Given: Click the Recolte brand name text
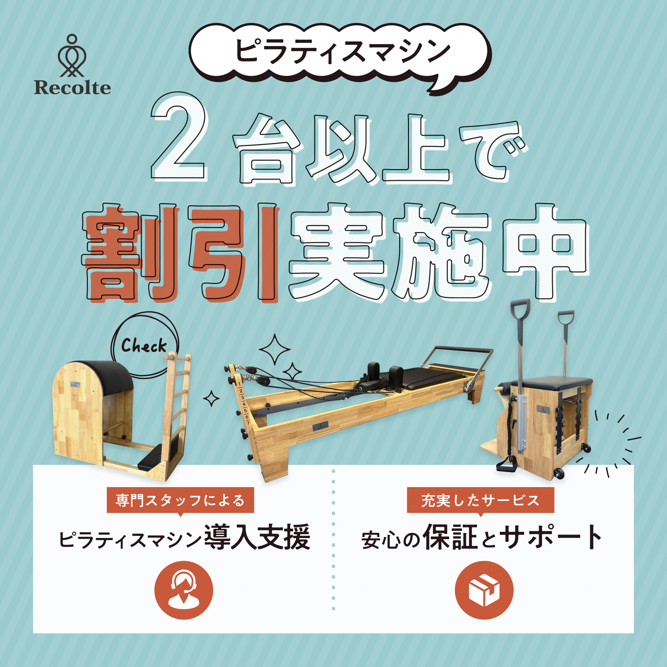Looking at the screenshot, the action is [x=72, y=87].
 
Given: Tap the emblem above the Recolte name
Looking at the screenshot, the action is [x=72, y=55].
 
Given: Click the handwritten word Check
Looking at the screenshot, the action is [x=144, y=345].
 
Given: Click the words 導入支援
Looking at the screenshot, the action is [x=257, y=537].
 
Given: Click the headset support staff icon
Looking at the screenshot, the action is [x=184, y=590].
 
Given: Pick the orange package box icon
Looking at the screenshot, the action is [x=484, y=590].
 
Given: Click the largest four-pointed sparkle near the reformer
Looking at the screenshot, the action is [x=275, y=349].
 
